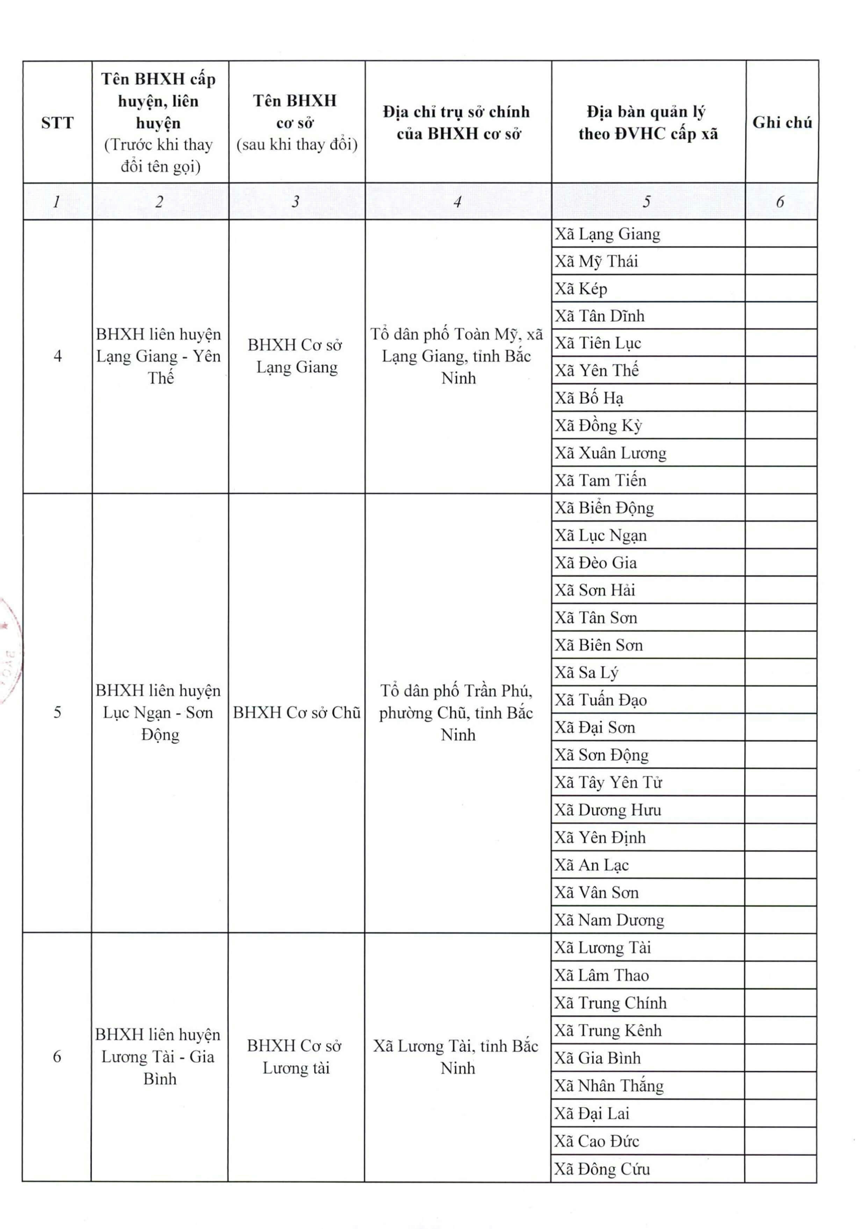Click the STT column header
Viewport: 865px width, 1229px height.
coord(57,123)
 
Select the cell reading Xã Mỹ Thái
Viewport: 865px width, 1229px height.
coord(596,261)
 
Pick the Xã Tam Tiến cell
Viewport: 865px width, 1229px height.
coord(600,480)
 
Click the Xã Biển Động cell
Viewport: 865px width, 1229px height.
coord(604,507)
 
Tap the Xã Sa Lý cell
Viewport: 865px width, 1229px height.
coord(586,672)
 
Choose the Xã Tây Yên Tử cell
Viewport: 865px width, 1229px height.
coord(608,783)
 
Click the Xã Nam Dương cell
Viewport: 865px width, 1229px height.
coord(609,920)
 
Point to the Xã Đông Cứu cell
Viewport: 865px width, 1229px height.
coord(602,1169)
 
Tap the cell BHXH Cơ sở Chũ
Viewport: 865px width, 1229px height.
coord(296,713)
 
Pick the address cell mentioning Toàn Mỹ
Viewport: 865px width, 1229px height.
coord(458,356)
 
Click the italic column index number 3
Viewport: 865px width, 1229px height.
coord(295,202)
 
